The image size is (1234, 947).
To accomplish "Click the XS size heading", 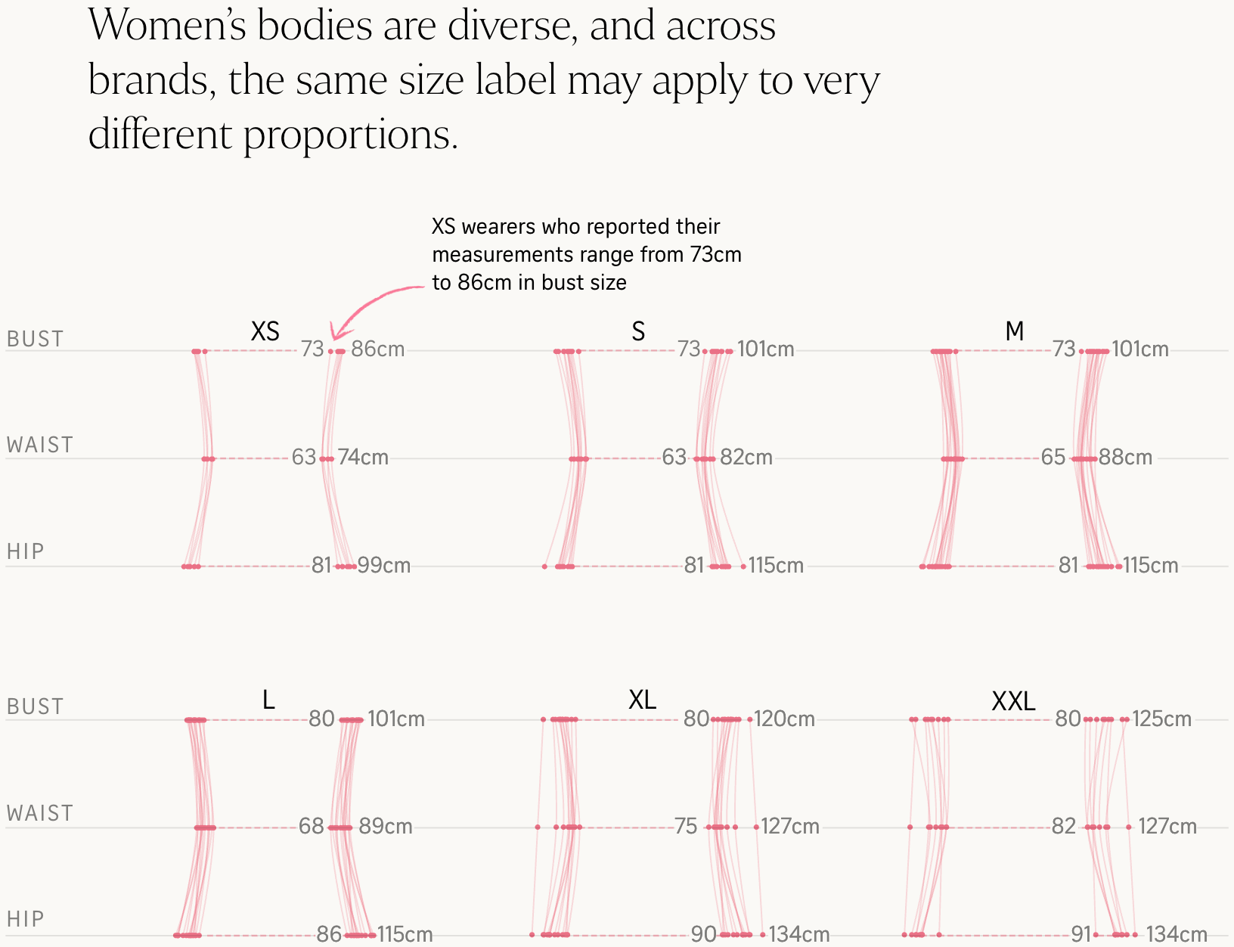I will tap(265, 331).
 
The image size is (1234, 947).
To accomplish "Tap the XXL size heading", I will tap(1013, 702).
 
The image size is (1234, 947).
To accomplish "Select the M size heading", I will tap(1014, 331).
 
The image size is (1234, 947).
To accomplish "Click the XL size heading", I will tap(642, 700).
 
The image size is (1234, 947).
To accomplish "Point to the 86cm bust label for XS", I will tap(378, 349).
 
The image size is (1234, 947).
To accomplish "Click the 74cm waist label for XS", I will tap(363, 458).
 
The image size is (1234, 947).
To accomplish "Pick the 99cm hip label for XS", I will tap(384, 566).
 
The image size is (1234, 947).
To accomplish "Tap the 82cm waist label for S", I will tap(746, 458).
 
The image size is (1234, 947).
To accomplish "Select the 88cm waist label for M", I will tap(1125, 458).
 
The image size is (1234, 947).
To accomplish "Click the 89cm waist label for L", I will tap(386, 826).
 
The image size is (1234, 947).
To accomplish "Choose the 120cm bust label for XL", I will tap(784, 719).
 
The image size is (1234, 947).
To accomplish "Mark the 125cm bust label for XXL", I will tap(1161, 719).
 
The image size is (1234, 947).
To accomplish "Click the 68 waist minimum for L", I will tap(311, 826).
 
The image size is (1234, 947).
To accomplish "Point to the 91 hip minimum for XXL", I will tap(1081, 935).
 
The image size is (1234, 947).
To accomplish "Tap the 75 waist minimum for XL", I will tap(686, 826).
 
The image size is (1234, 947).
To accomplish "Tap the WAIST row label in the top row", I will tap(40, 445).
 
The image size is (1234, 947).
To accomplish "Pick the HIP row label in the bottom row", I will tap(25, 919).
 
